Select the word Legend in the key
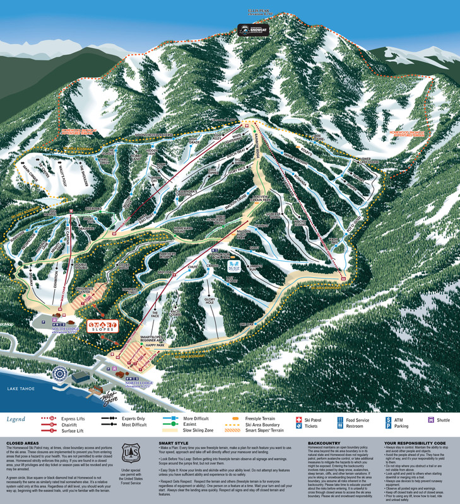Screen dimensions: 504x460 tap(16, 419)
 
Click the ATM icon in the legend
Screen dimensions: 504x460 tap(389, 418)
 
